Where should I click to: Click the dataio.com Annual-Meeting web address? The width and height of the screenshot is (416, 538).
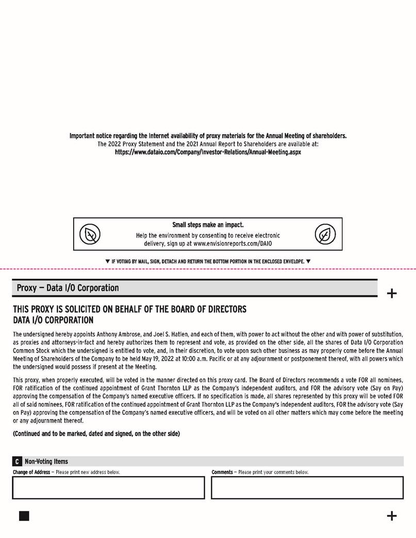point(208,153)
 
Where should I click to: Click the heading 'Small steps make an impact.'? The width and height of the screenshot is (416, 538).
point(208,225)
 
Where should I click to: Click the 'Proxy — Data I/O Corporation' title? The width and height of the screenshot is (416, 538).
point(68,287)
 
